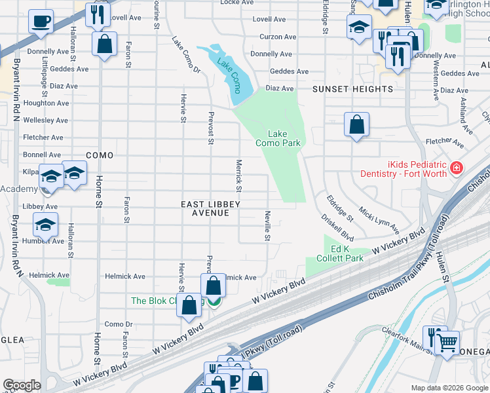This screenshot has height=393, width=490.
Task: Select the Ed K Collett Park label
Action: point(347,254)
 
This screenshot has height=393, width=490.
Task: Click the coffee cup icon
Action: point(41,21)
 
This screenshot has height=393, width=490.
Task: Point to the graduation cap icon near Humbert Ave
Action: point(45,225)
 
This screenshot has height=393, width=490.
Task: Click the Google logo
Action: point(21,385)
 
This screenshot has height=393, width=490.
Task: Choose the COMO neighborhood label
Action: point(100,155)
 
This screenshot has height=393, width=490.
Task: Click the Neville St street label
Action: point(267,225)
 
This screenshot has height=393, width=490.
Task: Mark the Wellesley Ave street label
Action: point(45,121)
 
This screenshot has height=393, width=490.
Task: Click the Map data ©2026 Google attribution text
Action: point(449,388)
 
